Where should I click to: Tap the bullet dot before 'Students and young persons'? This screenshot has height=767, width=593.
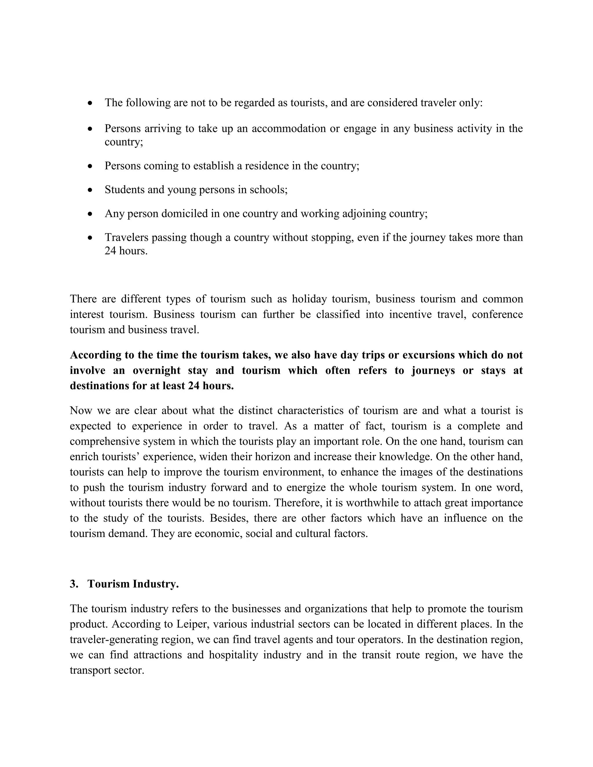tap(90, 190)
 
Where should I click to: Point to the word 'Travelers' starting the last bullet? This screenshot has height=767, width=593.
tap(127, 237)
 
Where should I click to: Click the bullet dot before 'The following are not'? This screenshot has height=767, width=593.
tap(90, 103)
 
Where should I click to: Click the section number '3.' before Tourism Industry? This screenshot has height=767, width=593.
tap(74, 584)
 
